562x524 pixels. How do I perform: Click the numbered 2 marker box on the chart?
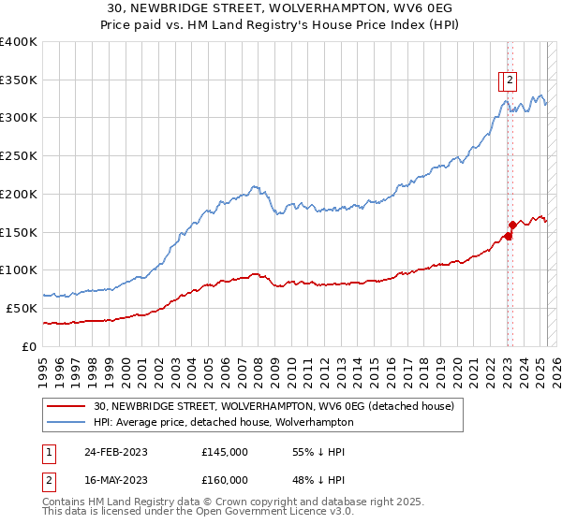point(510,80)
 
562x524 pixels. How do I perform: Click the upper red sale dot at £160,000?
point(512,225)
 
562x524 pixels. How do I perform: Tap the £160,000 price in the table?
point(225,480)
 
